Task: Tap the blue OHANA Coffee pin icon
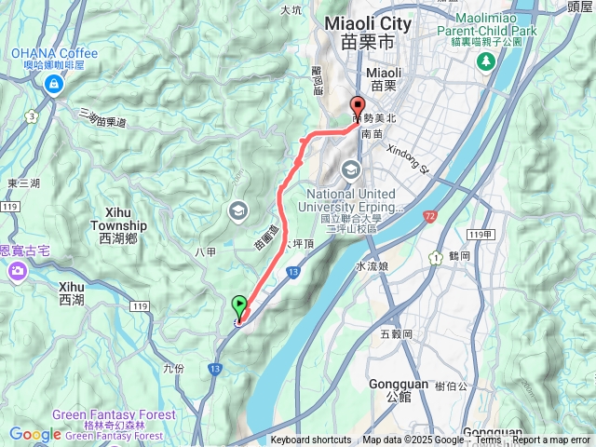(x=54, y=85)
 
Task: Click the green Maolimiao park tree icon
(x=485, y=61)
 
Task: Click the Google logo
(x=34, y=434)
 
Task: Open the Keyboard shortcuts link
(x=311, y=440)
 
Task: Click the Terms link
(x=488, y=440)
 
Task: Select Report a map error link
(x=551, y=440)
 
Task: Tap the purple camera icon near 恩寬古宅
(x=17, y=272)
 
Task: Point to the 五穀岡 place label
(x=397, y=333)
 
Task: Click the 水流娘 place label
(x=372, y=266)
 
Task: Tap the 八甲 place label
(x=207, y=251)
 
